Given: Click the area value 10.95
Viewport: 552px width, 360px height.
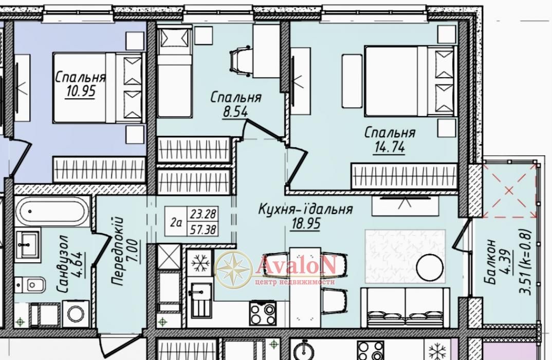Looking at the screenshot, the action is tap(81, 91).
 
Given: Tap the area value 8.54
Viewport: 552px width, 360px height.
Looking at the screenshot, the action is tap(235, 112).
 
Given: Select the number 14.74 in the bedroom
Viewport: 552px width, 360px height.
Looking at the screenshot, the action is tap(390, 147).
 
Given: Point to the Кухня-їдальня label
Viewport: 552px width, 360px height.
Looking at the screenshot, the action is tap(306, 209).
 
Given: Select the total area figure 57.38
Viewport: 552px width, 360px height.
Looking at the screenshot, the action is tap(203, 230).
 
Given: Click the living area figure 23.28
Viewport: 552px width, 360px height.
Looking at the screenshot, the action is tap(203, 214).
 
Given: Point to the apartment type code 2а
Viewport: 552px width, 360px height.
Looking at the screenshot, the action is tap(176, 223).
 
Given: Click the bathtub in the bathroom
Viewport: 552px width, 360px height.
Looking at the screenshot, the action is tap(52, 211).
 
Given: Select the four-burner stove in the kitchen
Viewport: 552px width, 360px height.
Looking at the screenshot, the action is tap(263, 313).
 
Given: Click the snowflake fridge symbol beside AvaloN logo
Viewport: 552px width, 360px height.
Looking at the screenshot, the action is tap(199, 263).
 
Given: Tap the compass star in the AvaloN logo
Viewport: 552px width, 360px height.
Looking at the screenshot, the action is tap(234, 269).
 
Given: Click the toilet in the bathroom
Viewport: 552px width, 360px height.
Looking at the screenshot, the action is tap(30, 285).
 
